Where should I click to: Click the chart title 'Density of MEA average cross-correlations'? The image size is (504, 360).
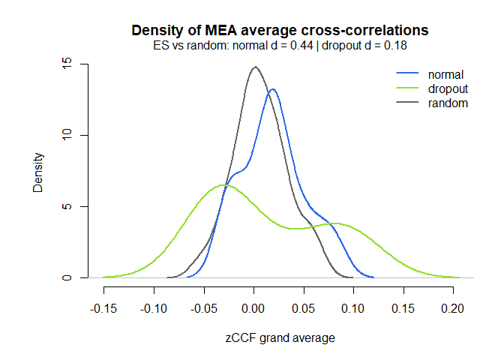pos(280,31)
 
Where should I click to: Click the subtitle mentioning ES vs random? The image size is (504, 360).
pos(280,45)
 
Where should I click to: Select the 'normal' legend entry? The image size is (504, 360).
pos(445,75)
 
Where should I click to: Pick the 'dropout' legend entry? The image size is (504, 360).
pos(448,89)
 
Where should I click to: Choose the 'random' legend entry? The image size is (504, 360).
pos(448,103)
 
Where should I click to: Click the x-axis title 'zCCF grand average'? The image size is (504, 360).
pos(280,338)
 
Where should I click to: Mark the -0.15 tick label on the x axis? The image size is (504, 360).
pos(103,308)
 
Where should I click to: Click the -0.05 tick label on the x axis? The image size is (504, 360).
pos(203,308)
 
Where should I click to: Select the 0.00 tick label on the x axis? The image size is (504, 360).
pos(253,308)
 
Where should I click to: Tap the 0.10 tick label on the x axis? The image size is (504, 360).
pos(353,308)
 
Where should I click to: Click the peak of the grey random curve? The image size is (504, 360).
pos(255,67)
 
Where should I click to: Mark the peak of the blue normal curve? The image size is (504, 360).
pos(272,89)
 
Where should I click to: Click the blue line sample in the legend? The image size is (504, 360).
pos(407,75)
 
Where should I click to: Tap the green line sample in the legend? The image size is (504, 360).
pos(407,89)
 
